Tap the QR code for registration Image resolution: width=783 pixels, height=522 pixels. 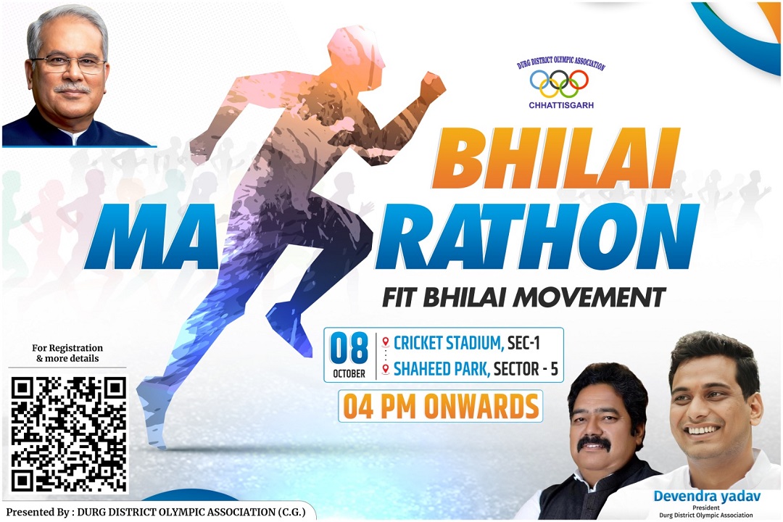click(x=68, y=434)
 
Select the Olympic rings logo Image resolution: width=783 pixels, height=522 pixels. click(x=559, y=83)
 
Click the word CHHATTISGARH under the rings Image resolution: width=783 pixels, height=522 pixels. click(x=560, y=105)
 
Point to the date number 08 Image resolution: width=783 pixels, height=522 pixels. click(x=349, y=348)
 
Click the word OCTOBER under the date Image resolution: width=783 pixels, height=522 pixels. click(x=349, y=373)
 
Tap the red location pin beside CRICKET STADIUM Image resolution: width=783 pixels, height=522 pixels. click(x=385, y=341)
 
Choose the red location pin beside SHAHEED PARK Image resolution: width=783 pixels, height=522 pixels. click(x=385, y=369)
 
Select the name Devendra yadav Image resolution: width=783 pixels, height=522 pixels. click(x=707, y=496)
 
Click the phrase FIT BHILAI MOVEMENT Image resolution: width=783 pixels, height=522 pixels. click(x=524, y=297)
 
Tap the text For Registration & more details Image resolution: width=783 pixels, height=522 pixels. click(x=67, y=353)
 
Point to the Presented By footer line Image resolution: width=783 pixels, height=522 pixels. click(x=155, y=512)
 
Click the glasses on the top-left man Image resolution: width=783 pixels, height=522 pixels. click(x=68, y=64)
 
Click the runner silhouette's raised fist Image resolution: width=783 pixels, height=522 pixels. click(x=431, y=86)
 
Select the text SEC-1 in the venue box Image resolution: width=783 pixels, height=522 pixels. click(x=524, y=343)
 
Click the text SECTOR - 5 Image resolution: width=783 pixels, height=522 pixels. click(x=526, y=369)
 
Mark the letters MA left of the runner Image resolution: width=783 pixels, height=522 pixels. click(x=153, y=242)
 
